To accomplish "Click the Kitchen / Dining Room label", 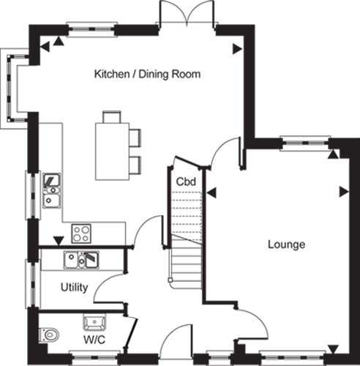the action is point(147,74).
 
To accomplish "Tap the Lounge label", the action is point(287,244).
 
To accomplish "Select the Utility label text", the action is point(74,288).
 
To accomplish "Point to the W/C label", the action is point(94,340).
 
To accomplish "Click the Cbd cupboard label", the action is point(186,182).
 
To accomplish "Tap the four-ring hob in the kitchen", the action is point(81,234).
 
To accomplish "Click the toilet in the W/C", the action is point(49,334).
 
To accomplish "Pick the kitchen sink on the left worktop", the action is point(52,190).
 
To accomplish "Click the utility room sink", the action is point(81,260).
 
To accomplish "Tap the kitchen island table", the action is point(112,152).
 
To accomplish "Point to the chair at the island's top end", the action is point(112,117).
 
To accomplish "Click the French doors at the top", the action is point(187,13).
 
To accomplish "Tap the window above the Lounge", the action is point(305,143).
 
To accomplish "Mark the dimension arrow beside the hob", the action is point(59,241).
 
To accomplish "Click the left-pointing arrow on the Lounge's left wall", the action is point(211,193).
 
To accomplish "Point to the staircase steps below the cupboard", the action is point(187,261).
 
